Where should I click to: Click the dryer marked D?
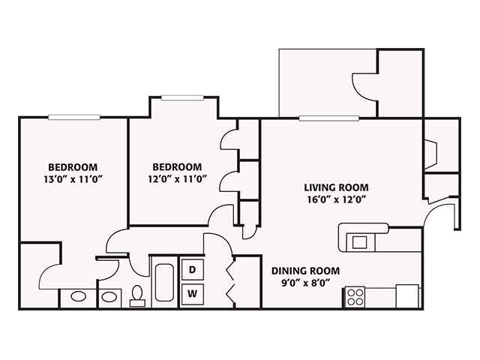[192, 269]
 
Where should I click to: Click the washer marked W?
[192, 292]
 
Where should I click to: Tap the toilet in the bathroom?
[137, 295]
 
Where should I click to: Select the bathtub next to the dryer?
[163, 282]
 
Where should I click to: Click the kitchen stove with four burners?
[355, 296]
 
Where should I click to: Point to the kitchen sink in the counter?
[360, 241]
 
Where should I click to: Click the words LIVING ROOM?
[336, 187]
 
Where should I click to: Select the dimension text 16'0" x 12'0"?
[336, 199]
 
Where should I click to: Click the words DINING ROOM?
[305, 271]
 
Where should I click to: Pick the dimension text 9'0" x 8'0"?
[305, 283]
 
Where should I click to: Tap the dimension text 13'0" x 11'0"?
[73, 178]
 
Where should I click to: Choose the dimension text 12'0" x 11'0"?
[177, 178]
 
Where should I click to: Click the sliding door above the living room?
[328, 118]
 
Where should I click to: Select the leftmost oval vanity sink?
[78, 297]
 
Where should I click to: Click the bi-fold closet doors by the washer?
[231, 282]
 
